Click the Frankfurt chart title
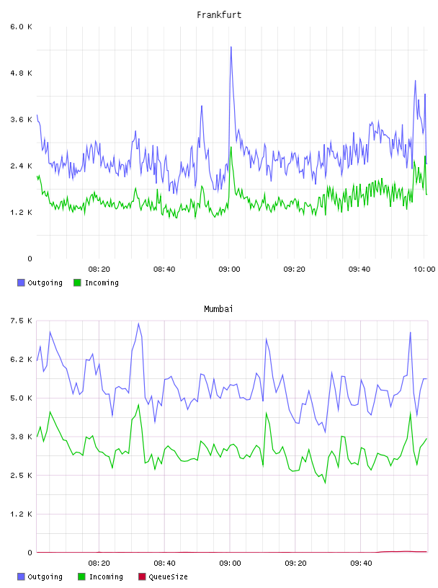[219, 15]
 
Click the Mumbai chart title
[218, 309]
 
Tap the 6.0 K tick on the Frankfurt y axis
[21, 27]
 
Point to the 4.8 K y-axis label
[21, 73]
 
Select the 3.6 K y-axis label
[21, 120]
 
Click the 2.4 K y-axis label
[21, 166]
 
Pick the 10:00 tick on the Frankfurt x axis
[424, 269]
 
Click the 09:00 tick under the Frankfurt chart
[230, 269]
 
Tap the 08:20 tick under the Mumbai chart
[99, 563]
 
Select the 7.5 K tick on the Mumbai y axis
[21, 321]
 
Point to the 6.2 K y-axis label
[21, 360]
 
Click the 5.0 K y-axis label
[21, 398]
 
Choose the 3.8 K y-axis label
[21, 437]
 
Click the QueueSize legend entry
[163, 576]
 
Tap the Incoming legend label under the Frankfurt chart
[102, 282]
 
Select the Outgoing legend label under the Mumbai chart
[45, 576]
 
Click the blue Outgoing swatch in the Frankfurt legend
[21, 282]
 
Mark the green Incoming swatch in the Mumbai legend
[82, 576]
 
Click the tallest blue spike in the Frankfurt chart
[231, 47]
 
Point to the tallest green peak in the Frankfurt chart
[231, 147]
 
